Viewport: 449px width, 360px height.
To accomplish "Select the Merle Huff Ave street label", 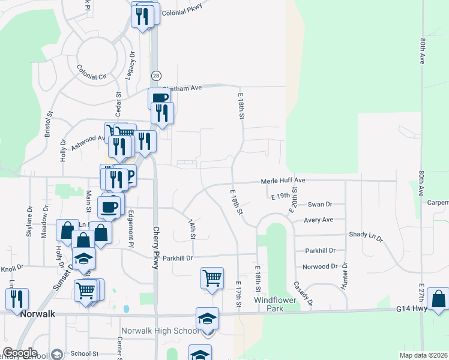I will (x=283, y=181).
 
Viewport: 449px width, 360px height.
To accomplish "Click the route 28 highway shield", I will (x=156, y=75).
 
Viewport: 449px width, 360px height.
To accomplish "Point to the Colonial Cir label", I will (x=91, y=73).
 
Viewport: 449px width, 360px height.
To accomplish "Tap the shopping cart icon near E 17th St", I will (x=212, y=279).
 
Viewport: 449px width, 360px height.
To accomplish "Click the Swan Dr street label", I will (x=319, y=205).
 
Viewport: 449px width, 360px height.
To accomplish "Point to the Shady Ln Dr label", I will (x=365, y=236).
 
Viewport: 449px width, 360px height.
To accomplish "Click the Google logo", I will (x=20, y=353).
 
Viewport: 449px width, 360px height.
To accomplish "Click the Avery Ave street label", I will (x=318, y=220).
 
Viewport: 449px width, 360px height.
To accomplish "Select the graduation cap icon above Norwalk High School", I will (x=207, y=319).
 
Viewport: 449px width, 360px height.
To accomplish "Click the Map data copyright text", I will (x=423, y=356).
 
